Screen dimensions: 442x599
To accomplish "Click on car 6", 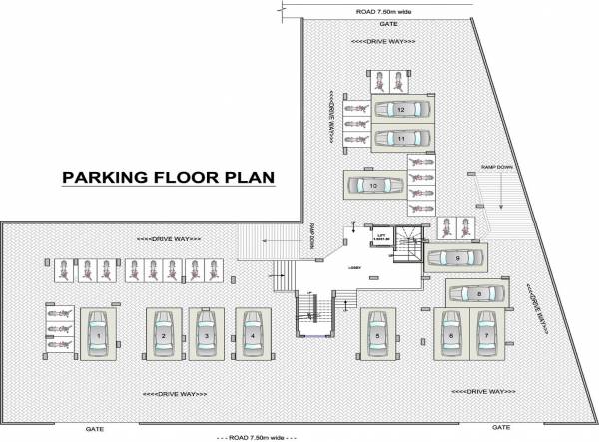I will click(451, 336).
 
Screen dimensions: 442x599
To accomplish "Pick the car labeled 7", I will click(486, 336).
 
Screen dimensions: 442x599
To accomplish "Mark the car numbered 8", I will click(478, 294).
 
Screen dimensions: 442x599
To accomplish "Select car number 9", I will click(457, 258).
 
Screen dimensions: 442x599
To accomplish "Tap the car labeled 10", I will click(373, 185).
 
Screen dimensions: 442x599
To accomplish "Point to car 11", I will click(400, 137).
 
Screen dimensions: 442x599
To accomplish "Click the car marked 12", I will click(400, 108).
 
